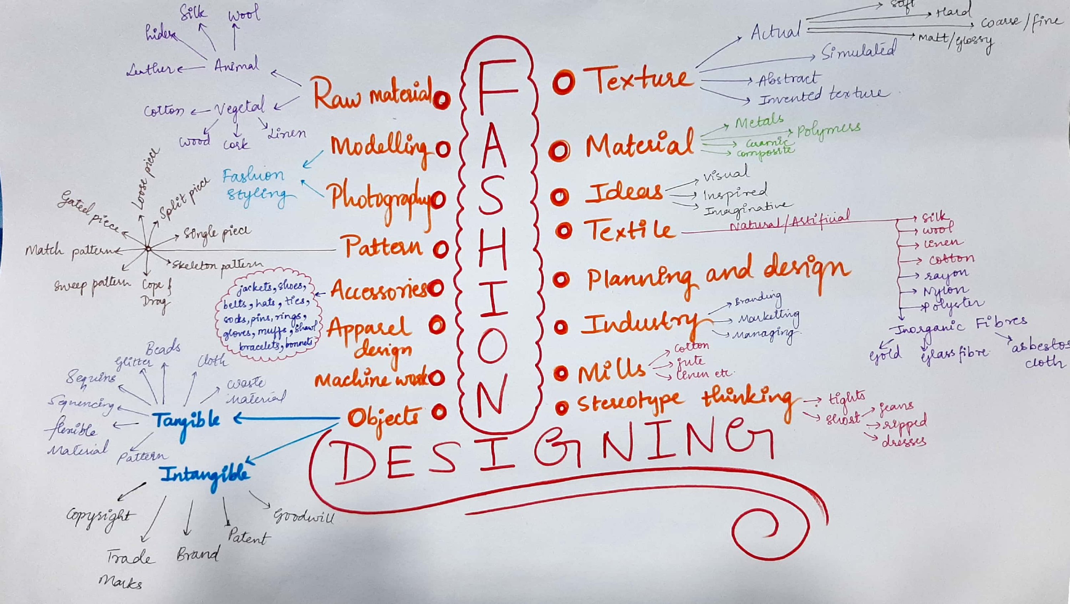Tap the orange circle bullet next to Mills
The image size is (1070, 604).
coord(561,374)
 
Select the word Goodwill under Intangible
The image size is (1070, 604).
coord(303,516)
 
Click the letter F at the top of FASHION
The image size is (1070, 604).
coord(497,88)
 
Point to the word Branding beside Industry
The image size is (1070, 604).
coord(758,298)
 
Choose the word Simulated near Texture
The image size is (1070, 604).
coord(858,51)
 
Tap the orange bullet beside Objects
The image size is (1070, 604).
coord(439,412)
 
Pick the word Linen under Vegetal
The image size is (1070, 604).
coord(287,133)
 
